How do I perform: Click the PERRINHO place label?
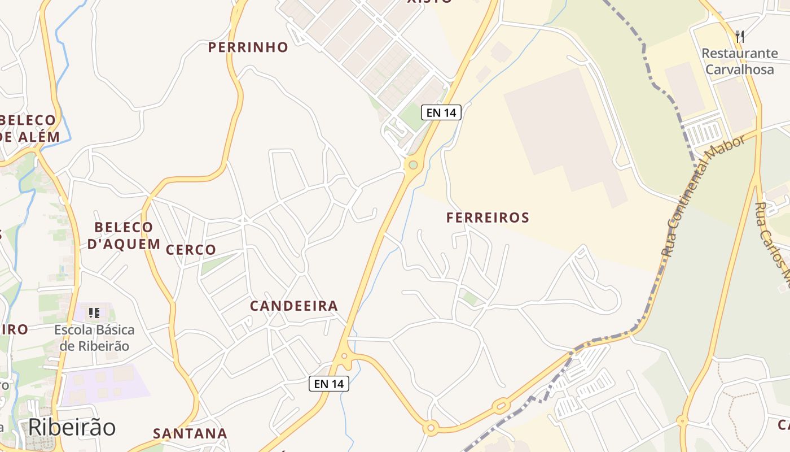point(248,47)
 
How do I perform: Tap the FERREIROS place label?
point(488,218)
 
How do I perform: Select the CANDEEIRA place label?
point(293,306)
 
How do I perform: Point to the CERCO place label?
point(191,250)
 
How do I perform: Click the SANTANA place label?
point(190,434)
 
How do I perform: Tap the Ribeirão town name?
point(72,428)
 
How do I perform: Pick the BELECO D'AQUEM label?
point(124,236)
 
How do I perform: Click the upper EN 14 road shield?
point(441,112)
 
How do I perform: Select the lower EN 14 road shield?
point(329,384)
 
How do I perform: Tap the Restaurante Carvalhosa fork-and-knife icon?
point(740,37)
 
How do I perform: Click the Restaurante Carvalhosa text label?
point(740,62)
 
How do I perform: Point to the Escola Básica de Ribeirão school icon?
point(94,312)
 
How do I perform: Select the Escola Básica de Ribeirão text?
point(94,338)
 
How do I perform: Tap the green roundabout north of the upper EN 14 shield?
point(413,165)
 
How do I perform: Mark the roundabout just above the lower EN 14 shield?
point(344,357)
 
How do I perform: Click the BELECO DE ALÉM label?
point(28,129)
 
